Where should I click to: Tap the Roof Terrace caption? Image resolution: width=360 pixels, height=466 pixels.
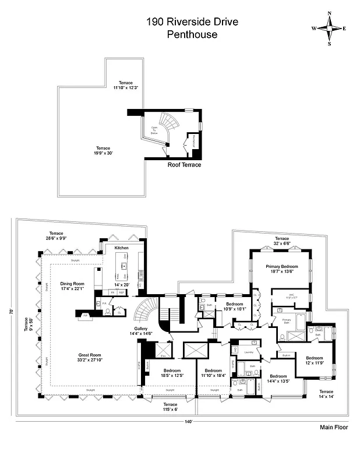click(x=184, y=165)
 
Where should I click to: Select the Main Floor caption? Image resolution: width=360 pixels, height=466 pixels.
click(x=334, y=427)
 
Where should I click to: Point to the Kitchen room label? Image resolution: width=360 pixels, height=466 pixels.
click(x=121, y=248)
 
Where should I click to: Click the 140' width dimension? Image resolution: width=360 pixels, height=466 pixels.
click(x=188, y=421)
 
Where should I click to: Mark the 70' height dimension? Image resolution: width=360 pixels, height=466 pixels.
click(x=11, y=312)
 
